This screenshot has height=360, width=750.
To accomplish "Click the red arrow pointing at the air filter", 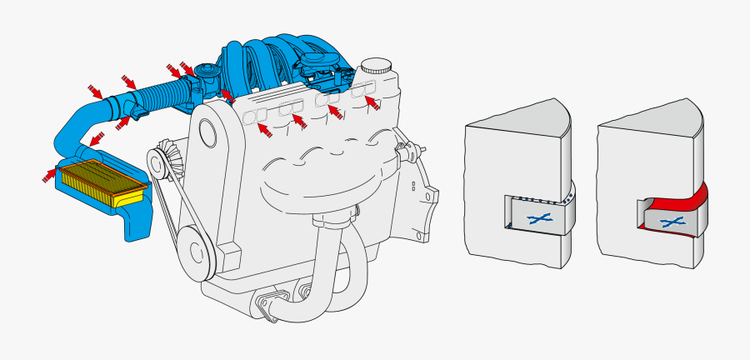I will pos(48,175).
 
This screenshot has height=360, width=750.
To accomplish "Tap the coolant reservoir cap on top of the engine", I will pos(376,66).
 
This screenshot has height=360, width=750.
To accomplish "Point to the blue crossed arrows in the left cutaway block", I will pos(539,217).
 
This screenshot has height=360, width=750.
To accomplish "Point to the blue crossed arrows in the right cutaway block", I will pos(672,222).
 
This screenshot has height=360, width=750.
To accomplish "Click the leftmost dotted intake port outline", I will pos(255,117).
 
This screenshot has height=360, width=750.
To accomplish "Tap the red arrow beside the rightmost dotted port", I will pos(375,103).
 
